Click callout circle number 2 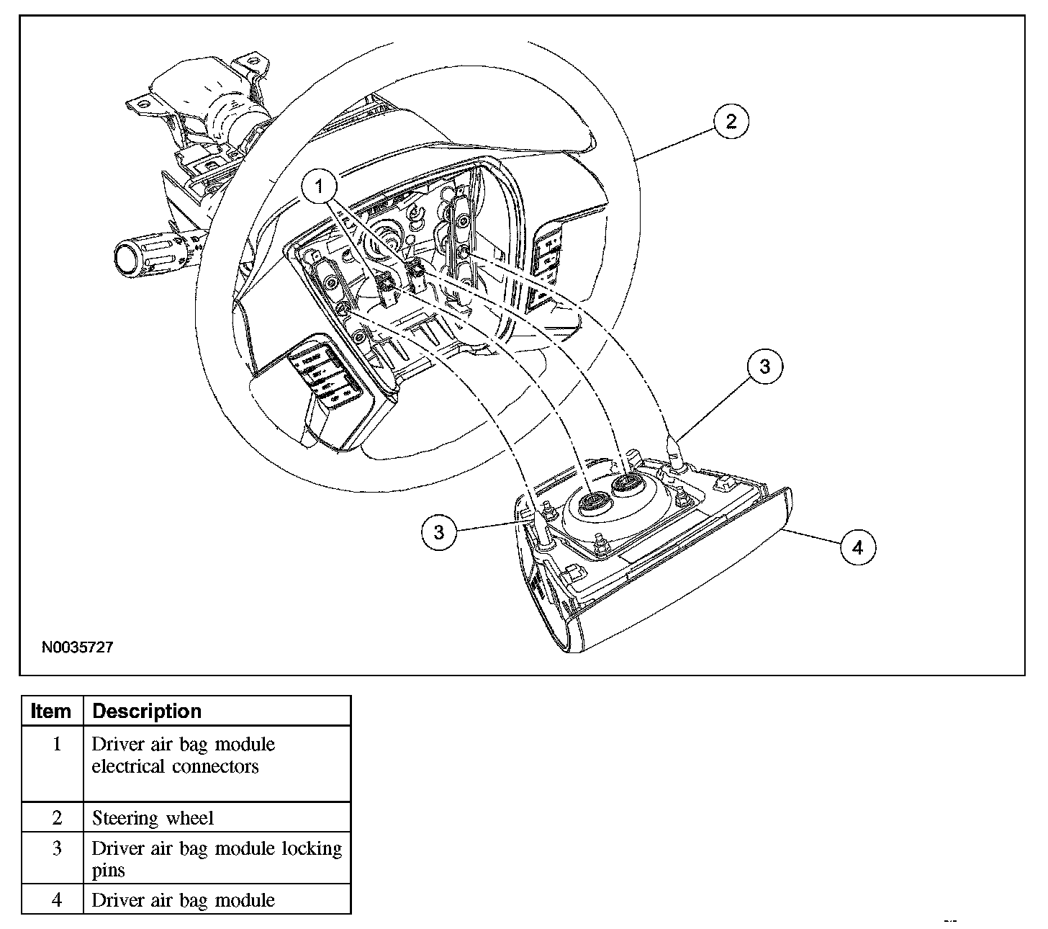(x=731, y=121)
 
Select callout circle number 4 (x=857, y=547)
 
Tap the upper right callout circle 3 (x=764, y=367)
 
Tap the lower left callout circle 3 (x=439, y=532)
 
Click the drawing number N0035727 (x=77, y=647)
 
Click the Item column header (x=51, y=712)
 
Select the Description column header (x=148, y=712)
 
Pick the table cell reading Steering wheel (x=153, y=818)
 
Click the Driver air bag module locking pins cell (x=216, y=858)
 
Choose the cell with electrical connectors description (x=184, y=755)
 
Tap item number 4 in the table (x=57, y=900)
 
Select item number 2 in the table (x=57, y=818)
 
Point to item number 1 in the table (x=57, y=744)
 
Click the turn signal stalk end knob (x=128, y=256)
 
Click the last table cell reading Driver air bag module (x=184, y=900)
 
